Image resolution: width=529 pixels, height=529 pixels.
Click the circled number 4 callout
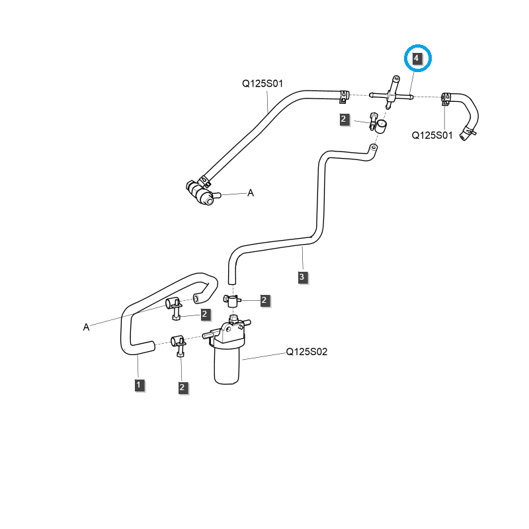click(x=417, y=58)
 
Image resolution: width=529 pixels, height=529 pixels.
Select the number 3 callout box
click(x=302, y=277)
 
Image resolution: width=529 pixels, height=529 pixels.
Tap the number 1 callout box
click(x=139, y=384)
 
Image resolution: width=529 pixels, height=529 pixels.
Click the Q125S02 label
click(x=306, y=352)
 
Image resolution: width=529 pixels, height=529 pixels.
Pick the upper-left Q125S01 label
click(x=262, y=84)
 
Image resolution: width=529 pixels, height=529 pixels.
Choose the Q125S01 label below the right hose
click(x=432, y=135)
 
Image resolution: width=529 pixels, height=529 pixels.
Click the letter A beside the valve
click(x=251, y=193)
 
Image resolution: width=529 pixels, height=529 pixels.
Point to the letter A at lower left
click(x=86, y=327)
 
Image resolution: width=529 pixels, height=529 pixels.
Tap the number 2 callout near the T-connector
click(x=344, y=119)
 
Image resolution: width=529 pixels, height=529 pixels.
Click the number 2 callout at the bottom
click(x=182, y=387)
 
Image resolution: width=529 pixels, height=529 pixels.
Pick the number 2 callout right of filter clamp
click(x=264, y=301)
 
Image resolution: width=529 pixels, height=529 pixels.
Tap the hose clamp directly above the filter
click(x=230, y=301)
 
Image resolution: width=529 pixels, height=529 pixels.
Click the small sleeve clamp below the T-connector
click(x=380, y=126)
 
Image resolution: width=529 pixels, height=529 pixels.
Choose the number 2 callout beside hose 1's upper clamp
click(x=205, y=314)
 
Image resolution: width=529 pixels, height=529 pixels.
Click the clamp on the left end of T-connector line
click(x=343, y=96)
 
